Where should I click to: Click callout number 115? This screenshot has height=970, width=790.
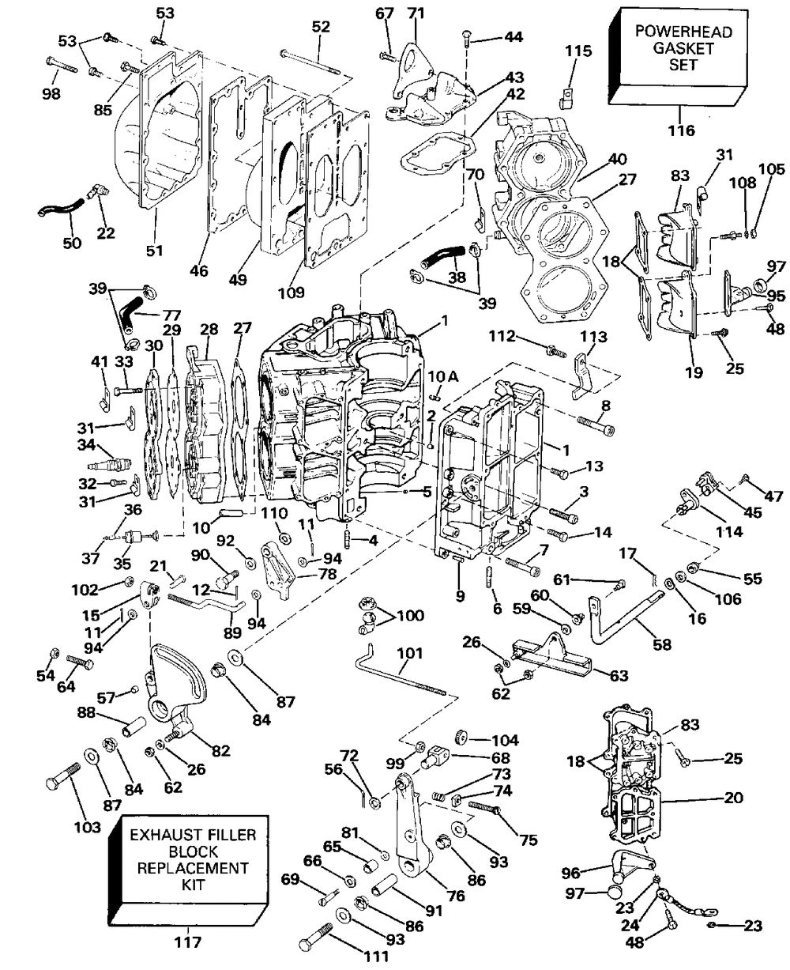coord(578,51)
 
